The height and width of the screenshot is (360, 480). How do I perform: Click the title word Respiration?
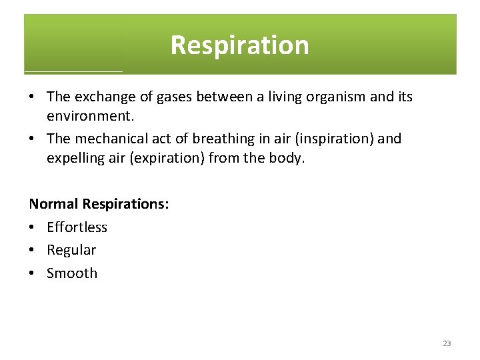239,45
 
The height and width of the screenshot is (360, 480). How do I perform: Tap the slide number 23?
447,343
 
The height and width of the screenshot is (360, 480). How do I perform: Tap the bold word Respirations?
125,204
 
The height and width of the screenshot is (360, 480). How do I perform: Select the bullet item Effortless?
77,227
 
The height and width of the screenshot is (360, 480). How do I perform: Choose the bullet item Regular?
71,250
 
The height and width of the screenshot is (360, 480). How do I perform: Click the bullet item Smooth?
72,273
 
